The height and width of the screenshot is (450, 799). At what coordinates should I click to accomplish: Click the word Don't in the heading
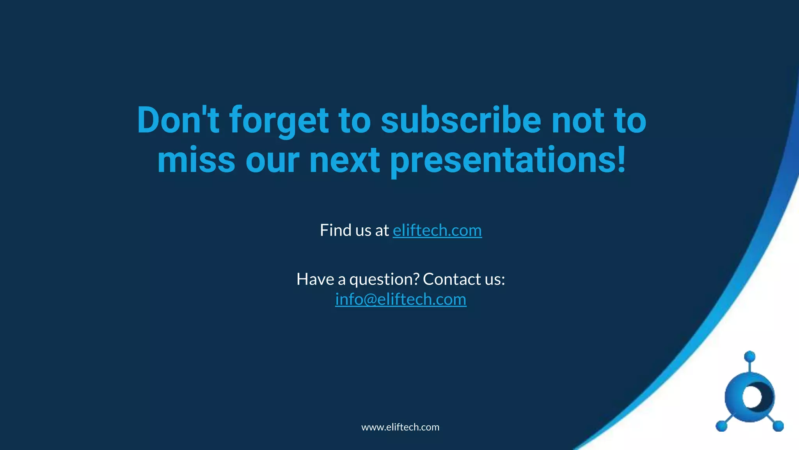178,120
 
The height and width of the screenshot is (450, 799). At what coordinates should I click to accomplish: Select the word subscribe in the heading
461,120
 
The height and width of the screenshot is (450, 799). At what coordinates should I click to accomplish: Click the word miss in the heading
196,161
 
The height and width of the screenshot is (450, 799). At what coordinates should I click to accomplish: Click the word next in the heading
344,161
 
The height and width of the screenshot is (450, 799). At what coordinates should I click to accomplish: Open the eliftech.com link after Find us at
437,230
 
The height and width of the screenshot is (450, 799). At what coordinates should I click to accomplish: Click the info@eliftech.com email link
401,300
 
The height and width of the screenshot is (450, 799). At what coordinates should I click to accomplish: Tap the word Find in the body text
335,230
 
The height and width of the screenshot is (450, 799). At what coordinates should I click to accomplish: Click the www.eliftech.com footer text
400,427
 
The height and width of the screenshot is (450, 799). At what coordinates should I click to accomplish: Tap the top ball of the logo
749,357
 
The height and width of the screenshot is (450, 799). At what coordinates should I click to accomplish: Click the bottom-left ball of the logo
721,426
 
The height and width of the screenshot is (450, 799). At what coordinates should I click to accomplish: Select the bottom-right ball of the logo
778,426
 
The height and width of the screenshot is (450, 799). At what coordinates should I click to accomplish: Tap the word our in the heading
272,161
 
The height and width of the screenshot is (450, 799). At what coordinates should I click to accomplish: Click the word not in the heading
578,120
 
